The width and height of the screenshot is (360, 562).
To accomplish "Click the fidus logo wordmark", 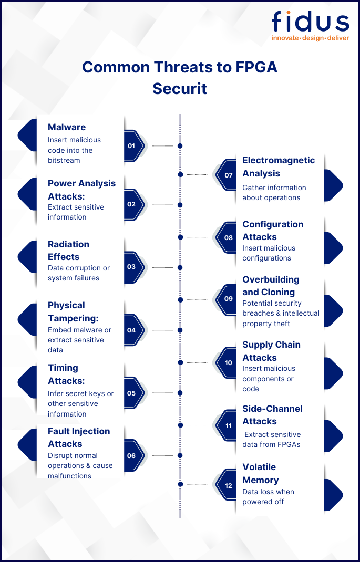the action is click(310, 21).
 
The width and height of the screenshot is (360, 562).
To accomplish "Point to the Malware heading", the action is click(67, 127).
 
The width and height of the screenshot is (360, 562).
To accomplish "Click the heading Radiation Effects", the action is click(68, 251).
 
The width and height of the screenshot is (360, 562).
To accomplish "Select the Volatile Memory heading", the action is click(261, 473).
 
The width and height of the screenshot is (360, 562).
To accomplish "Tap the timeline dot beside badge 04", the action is click(180, 330).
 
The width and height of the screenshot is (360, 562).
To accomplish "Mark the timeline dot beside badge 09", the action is click(180, 299).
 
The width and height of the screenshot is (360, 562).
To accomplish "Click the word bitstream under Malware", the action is click(64, 160).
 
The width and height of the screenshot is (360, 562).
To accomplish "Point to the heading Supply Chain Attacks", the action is click(271, 351).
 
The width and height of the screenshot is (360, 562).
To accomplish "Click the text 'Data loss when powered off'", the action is click(268, 497).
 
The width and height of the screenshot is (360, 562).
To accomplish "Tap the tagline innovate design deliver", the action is click(310, 38).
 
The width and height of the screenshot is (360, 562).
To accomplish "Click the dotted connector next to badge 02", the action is click(163, 205).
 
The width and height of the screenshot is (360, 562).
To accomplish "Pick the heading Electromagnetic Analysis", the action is click(279, 166).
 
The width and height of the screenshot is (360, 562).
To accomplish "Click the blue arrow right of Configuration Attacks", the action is click(334, 248).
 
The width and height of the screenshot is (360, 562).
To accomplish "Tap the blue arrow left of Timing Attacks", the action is click(27, 382).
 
